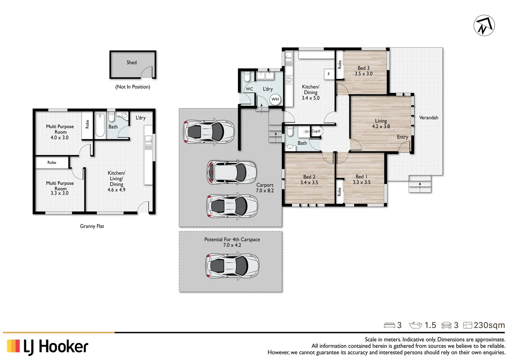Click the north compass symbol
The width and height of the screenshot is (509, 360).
[x=484, y=25]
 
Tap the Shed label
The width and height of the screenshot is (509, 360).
[x=131, y=62]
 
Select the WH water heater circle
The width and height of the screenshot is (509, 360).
[x=275, y=99]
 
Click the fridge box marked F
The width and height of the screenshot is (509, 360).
[x=329, y=74]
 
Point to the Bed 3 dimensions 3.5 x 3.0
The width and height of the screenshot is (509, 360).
[x=363, y=74]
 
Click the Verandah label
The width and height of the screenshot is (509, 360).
[x=428, y=118]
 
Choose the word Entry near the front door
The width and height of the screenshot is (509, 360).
[x=402, y=137]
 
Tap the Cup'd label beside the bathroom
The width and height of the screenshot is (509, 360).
[x=316, y=131]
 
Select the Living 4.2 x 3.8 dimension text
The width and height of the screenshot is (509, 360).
[x=381, y=126]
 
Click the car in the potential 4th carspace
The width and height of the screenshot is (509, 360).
[x=232, y=266]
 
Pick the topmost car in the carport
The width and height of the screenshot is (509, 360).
[x=209, y=131]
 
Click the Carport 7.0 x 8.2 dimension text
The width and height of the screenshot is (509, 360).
[x=265, y=191]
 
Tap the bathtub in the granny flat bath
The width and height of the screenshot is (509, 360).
[x=100, y=125]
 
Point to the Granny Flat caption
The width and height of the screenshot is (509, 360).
[x=92, y=226]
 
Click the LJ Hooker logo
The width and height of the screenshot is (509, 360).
[x=47, y=347]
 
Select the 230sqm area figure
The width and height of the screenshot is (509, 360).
[x=489, y=325]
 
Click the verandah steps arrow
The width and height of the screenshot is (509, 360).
[x=420, y=184]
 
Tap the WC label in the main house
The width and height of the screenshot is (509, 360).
[x=250, y=89]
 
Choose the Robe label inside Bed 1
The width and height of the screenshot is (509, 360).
[x=339, y=192]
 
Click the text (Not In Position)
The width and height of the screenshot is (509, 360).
[x=133, y=87]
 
